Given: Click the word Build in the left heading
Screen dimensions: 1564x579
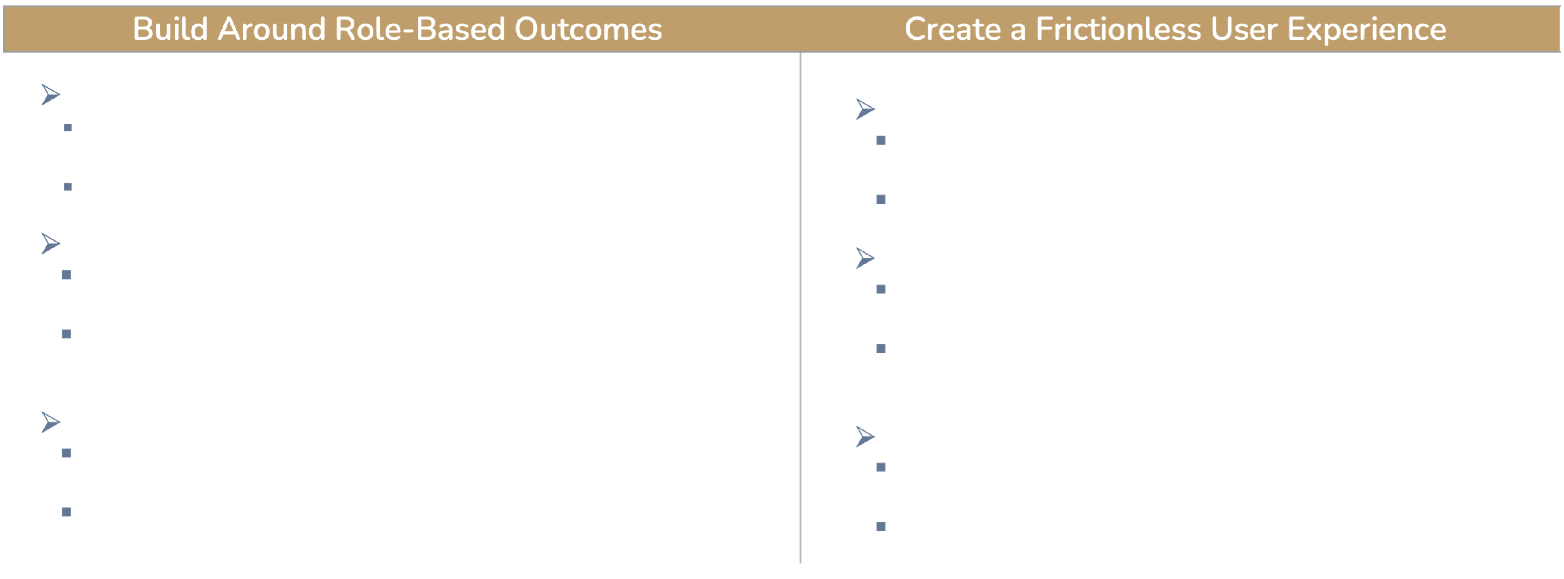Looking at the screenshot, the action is [x=170, y=29].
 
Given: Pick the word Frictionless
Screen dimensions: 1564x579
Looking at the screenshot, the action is [x=1118, y=29].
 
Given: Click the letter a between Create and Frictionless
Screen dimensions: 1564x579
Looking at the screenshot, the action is [x=1018, y=32].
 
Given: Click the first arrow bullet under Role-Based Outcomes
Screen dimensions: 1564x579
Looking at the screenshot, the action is [x=51, y=95].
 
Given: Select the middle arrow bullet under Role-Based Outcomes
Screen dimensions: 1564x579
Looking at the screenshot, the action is [x=51, y=243].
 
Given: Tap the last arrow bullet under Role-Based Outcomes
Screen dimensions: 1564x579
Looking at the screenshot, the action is [x=51, y=422].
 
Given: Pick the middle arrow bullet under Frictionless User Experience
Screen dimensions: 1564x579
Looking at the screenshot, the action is [x=865, y=258].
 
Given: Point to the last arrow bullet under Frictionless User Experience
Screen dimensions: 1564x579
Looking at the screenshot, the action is [x=865, y=436].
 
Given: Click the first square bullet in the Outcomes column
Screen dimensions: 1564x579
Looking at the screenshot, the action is [x=68, y=127].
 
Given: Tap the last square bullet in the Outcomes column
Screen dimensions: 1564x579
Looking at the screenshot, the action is [x=67, y=512].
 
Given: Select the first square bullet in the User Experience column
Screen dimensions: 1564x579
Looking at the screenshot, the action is [x=881, y=140].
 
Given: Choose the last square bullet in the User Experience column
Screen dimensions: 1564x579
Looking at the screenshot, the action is [x=881, y=526].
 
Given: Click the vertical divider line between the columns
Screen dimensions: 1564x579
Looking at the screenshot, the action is [x=801, y=308].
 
